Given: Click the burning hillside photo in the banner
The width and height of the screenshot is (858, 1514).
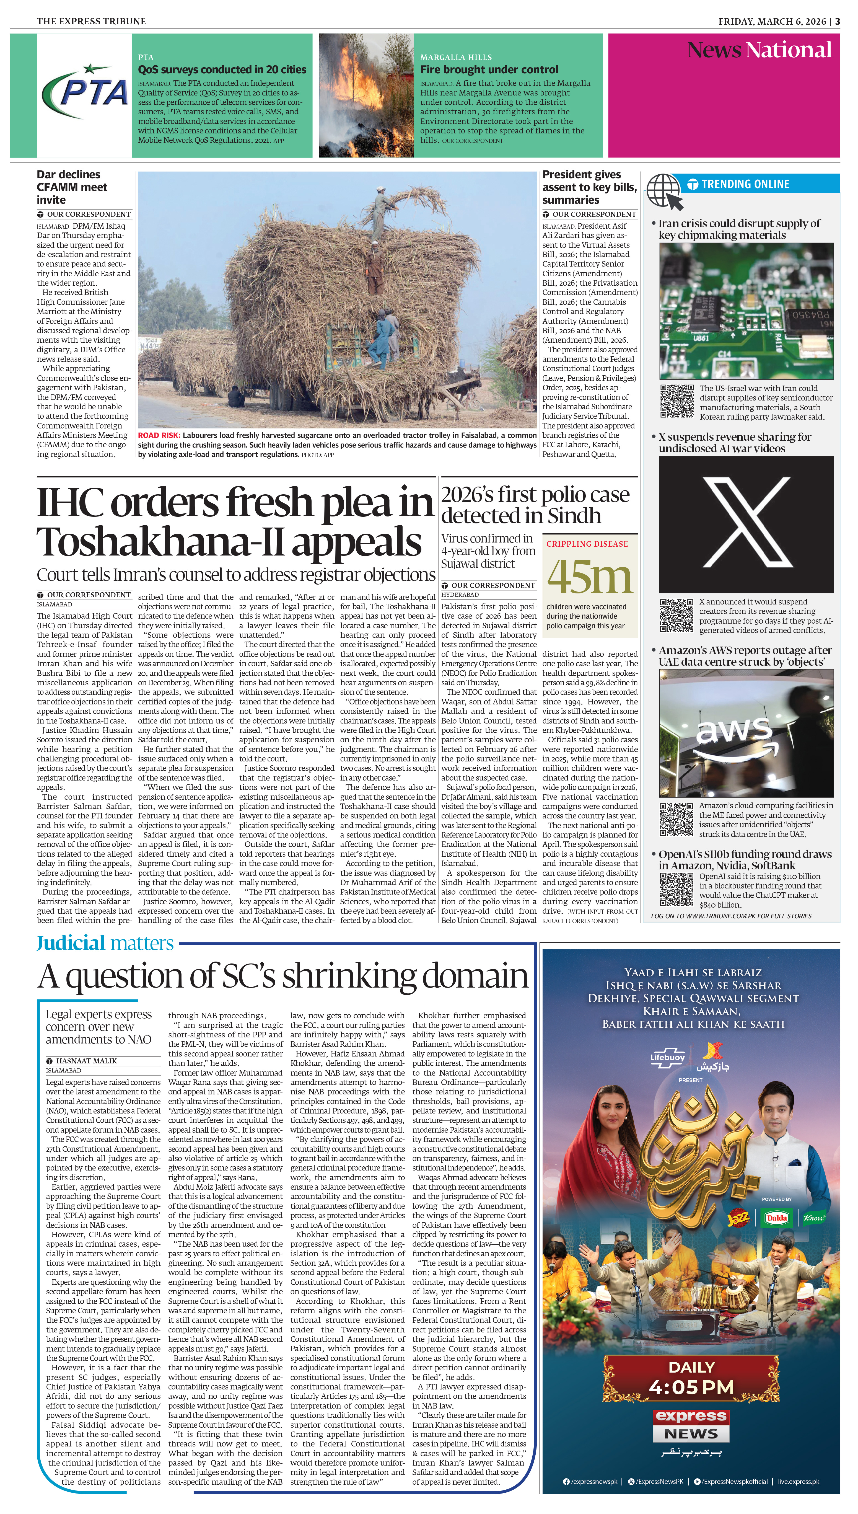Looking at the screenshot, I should coord(365,95).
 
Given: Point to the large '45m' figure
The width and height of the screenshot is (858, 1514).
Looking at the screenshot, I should coord(589,578).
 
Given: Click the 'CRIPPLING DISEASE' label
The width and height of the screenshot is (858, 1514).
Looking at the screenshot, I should coord(587,544).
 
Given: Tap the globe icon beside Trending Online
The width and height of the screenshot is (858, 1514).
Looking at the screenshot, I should coord(664,192).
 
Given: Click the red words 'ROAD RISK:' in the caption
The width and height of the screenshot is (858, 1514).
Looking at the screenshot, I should coord(159,436).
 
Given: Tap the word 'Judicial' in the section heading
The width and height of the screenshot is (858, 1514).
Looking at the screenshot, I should coord(71,944).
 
